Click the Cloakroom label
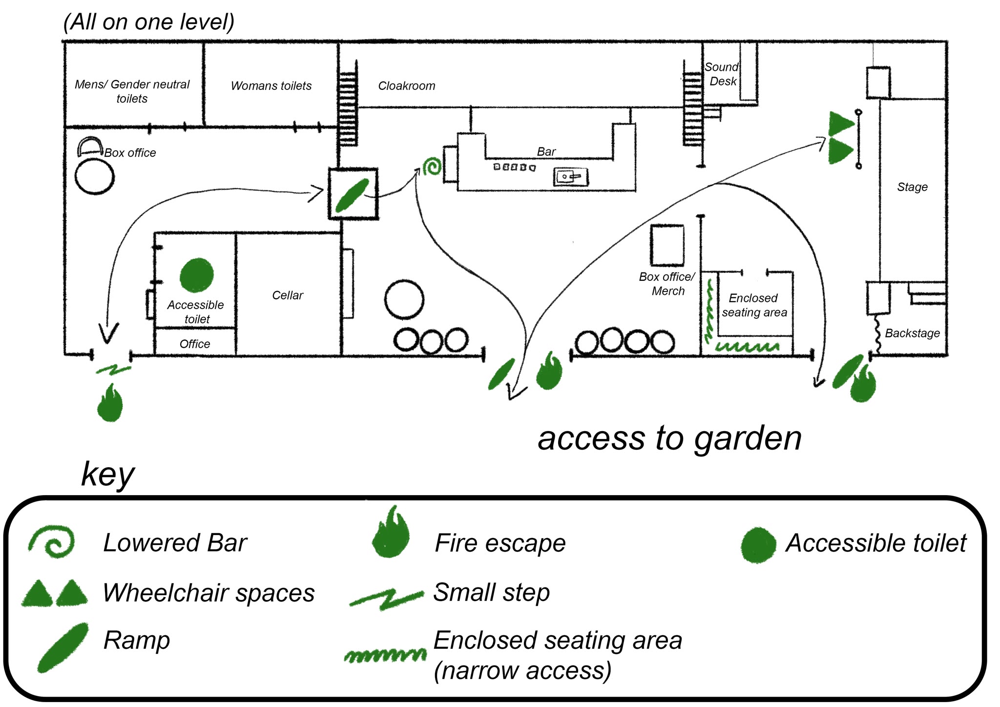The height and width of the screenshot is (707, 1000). click(407, 86)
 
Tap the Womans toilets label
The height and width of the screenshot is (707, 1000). click(271, 86)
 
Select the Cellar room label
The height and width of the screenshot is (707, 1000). click(288, 295)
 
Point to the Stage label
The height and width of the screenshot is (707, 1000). click(912, 187)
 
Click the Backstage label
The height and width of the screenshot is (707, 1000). click(912, 333)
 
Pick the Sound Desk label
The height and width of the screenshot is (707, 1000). click(722, 74)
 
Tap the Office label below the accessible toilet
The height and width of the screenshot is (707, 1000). click(195, 344)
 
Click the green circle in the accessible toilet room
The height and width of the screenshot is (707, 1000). click(196, 275)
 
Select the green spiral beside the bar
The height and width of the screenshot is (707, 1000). click(432, 166)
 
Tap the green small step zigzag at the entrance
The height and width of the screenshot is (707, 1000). click(113, 370)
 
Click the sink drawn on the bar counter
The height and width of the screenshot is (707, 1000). click(571, 177)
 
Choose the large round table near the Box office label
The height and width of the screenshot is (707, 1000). click(95, 176)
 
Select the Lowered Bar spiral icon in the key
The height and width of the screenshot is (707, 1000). click(51, 541)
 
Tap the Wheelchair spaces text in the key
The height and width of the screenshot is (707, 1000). click(208, 593)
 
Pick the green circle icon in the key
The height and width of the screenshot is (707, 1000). click(758, 545)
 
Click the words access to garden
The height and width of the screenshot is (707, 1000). click(669, 438)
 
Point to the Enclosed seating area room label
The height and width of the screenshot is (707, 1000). click(754, 305)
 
